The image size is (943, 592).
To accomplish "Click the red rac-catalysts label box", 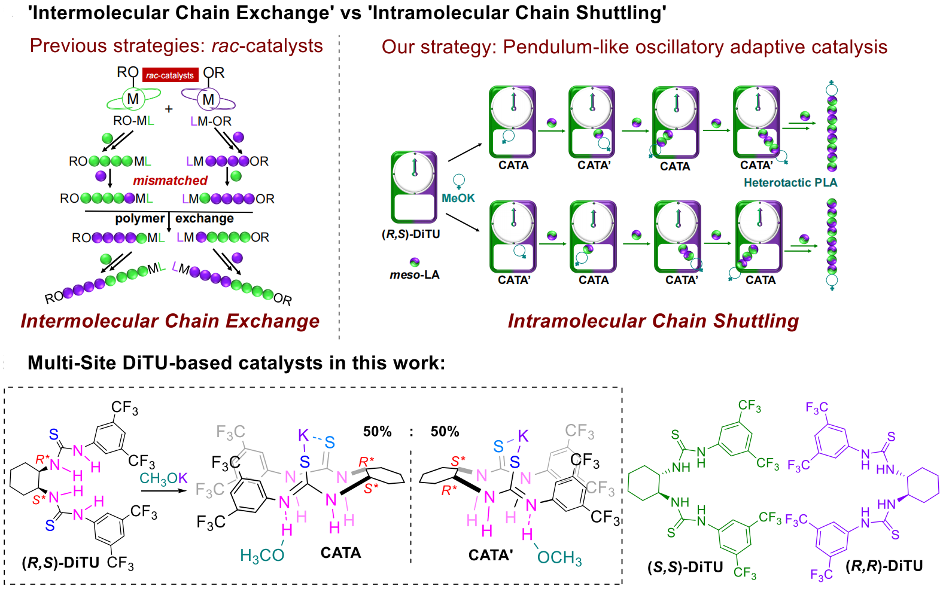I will (170, 75).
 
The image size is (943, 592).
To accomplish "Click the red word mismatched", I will (170, 181).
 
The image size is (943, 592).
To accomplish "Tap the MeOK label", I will (458, 198).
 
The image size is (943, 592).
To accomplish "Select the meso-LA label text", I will (414, 275).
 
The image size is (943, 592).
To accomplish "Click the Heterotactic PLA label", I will (790, 183).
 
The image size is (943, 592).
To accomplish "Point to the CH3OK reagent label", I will (163, 478).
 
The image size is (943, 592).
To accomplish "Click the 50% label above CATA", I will (377, 432).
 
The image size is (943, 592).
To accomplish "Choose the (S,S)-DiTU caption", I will (685, 567).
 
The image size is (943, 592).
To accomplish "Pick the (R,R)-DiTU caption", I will (884, 566).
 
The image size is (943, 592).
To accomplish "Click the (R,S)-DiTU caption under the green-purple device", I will (410, 234).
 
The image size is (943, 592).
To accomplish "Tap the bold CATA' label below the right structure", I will (490, 556).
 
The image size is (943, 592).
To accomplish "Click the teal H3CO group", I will (261, 556).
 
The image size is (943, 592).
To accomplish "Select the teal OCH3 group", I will (559, 558).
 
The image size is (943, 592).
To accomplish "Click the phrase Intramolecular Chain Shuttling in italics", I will (653, 321).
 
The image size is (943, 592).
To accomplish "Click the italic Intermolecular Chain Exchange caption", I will (170, 321).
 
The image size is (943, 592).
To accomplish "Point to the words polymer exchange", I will (174, 219).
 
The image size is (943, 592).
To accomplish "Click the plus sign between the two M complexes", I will (169, 109).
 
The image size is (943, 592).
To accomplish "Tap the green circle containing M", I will (133, 99).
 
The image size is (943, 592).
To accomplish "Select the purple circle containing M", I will (208, 99).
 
